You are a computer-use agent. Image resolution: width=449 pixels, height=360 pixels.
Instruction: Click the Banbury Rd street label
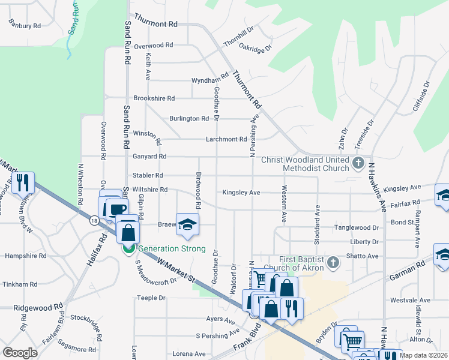click(25, 26)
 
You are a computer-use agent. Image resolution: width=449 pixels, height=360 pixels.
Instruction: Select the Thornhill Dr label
click(239, 37)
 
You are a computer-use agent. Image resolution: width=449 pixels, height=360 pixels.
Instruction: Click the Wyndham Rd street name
click(210, 79)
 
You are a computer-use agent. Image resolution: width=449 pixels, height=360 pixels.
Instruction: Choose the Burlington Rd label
click(188, 118)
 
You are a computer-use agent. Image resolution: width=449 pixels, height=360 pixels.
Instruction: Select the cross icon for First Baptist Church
click(334, 261)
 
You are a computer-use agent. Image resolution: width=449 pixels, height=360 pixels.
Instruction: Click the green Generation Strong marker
click(128, 247)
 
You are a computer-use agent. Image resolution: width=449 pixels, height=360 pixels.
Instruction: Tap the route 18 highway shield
click(94, 221)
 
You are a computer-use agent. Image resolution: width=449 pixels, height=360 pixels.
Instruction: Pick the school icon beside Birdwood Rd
click(187, 224)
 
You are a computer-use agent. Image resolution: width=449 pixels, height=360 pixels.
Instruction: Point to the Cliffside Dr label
click(427, 93)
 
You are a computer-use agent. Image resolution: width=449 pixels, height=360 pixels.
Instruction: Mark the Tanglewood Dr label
click(358, 228)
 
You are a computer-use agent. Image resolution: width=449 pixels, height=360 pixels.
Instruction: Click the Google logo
click(20, 353)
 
